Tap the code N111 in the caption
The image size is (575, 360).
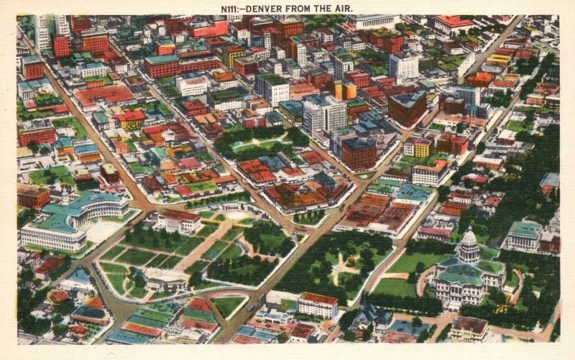[232, 9]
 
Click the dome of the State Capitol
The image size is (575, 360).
[469, 240]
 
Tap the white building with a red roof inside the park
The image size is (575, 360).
[179, 221]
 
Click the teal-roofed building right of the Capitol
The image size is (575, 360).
[524, 235]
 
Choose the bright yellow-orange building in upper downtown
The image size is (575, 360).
[344, 90]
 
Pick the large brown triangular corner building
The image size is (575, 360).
[407, 108]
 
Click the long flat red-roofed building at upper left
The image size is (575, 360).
[105, 95]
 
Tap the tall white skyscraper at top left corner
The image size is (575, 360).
[42, 32]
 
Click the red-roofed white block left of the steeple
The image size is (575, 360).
[318, 305]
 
